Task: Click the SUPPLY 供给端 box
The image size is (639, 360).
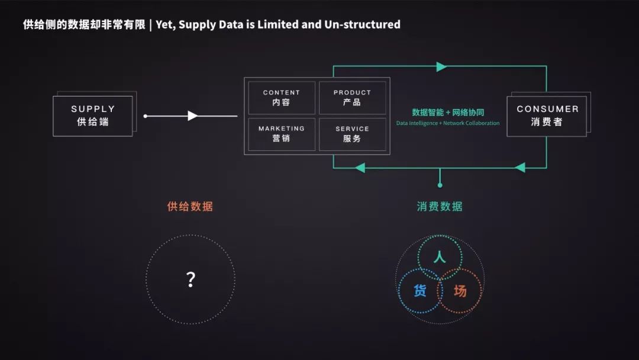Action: (93, 116)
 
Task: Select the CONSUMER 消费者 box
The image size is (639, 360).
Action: (547, 116)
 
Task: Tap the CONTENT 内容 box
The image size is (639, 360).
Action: (281, 98)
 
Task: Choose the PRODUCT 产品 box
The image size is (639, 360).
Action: (352, 98)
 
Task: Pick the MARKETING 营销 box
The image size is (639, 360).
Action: (281, 134)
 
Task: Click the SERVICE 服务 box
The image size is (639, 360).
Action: (352, 134)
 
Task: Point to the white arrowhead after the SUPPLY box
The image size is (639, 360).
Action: (192, 116)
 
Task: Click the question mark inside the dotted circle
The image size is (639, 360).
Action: (191, 279)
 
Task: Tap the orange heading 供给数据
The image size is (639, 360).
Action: (190, 207)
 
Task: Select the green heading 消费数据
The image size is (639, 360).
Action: (440, 207)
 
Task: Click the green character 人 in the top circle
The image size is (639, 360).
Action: (439, 258)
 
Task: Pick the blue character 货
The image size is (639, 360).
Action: (419, 291)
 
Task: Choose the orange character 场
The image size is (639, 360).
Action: (460, 291)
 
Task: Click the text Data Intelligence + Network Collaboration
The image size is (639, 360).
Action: (448, 123)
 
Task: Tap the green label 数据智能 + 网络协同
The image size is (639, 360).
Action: (448, 112)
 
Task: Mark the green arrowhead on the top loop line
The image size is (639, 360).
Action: (441, 67)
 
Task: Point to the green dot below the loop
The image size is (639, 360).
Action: (440, 185)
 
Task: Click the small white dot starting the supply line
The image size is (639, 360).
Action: (146, 116)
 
